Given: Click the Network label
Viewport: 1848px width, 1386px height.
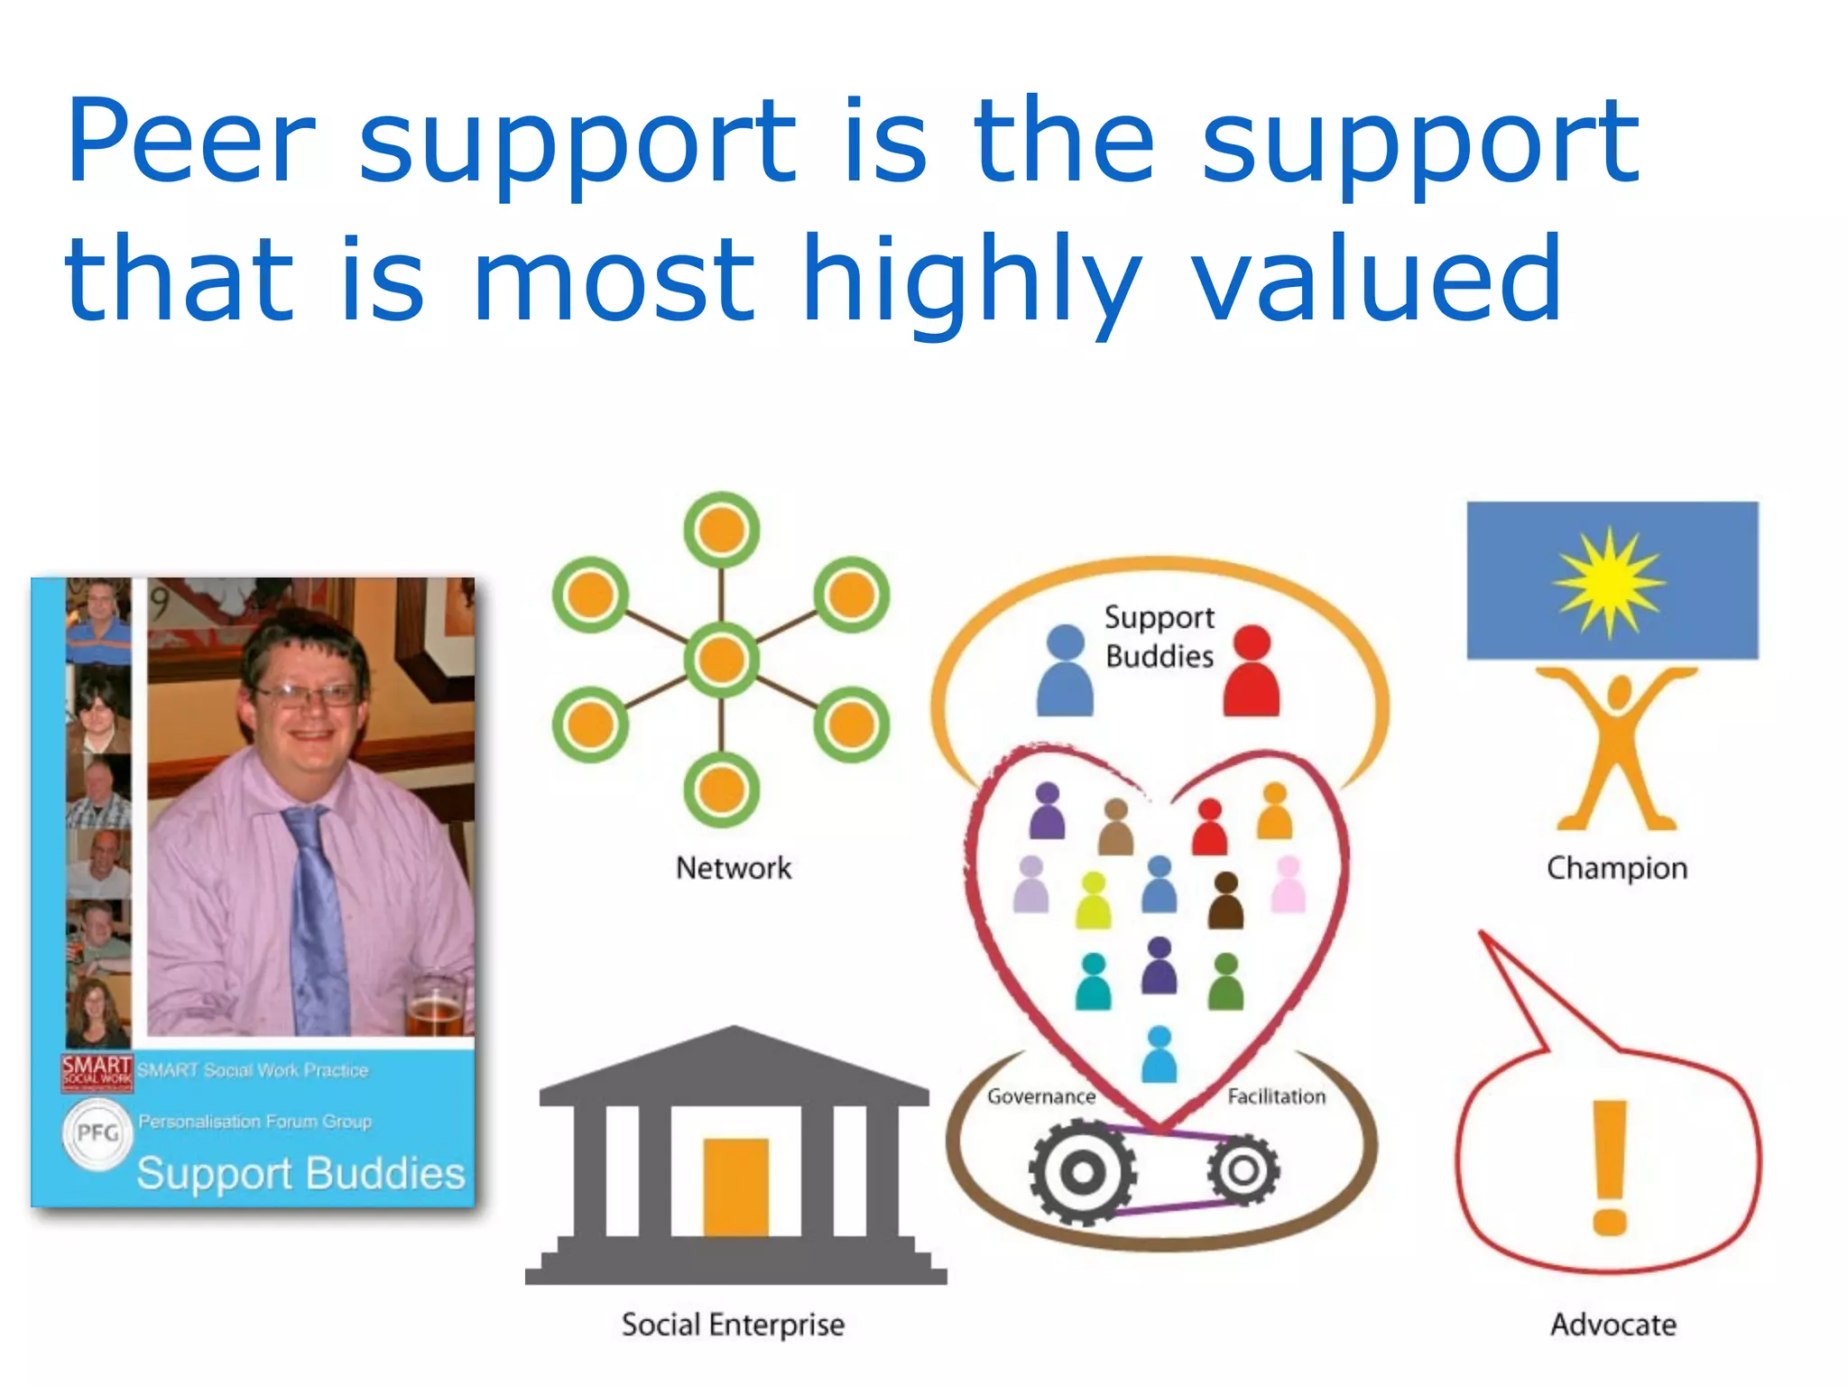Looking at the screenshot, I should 734,868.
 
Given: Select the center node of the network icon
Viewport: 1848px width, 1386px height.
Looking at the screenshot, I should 721,660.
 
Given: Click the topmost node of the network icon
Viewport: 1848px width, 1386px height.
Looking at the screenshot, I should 721,530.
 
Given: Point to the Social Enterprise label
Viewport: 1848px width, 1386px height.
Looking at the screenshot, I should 733,1325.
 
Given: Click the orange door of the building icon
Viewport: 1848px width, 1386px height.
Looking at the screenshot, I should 735,1187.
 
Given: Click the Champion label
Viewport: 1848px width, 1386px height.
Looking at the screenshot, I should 1616,868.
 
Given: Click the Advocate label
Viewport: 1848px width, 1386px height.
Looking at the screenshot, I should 1613,1325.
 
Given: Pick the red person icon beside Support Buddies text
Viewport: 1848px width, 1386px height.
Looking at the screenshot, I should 1252,671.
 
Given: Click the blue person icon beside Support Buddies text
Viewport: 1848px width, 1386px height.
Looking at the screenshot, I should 1066,671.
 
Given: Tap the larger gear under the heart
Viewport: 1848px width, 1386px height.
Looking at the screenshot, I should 1082,1172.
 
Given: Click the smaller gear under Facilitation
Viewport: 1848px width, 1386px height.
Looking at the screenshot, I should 1243,1170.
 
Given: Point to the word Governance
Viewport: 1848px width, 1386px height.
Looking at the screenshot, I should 1040,1096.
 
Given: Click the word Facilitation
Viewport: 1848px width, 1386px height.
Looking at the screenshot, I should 1276,1096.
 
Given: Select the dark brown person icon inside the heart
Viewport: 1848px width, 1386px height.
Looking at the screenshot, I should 1225,901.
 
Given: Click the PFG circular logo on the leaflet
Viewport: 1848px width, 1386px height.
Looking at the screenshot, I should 97,1132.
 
